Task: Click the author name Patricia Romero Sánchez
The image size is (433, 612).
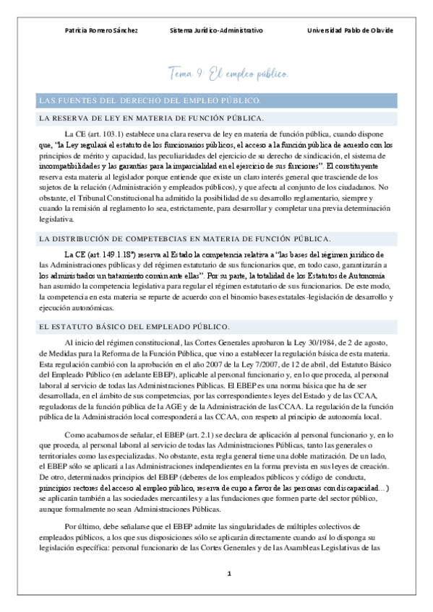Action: tap(101, 31)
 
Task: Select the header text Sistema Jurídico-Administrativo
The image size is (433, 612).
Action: tap(216, 31)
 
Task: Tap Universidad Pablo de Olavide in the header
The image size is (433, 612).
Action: tap(350, 31)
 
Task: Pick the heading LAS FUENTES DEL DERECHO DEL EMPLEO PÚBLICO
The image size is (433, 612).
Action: tap(150, 100)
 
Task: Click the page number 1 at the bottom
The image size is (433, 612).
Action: tap(228, 574)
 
